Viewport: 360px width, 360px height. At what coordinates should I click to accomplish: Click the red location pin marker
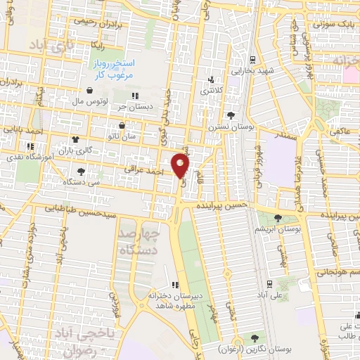tap(181, 165)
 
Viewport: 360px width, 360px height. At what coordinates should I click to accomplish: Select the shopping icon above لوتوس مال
tap(90, 90)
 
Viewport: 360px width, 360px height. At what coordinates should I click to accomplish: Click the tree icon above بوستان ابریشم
tap(279, 218)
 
